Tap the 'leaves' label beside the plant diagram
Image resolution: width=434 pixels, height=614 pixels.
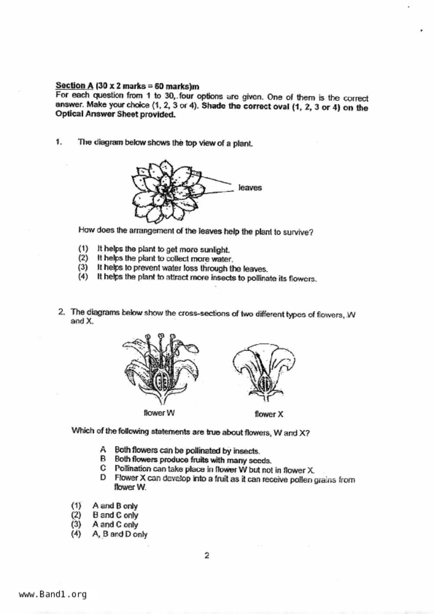[x=250, y=188]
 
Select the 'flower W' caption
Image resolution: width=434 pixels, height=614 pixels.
[x=159, y=413]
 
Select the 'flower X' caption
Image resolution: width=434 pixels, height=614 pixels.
[x=269, y=414]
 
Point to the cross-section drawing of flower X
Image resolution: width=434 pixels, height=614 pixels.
[x=264, y=371]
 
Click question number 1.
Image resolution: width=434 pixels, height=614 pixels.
[x=59, y=142]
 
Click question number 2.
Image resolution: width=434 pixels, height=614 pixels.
[x=62, y=312]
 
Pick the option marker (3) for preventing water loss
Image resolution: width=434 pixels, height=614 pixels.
[x=83, y=267]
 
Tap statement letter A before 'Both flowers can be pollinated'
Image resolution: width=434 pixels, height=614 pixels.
[x=103, y=449]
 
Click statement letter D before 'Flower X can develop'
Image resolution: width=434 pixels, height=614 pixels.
[x=103, y=477]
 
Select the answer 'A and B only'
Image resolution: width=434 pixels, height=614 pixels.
[x=115, y=506]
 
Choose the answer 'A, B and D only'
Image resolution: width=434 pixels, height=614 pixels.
[x=120, y=534]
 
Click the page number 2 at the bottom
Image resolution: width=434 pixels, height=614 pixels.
[x=207, y=556]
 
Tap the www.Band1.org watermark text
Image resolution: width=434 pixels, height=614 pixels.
[x=53, y=594]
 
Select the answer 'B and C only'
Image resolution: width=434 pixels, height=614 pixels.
[x=115, y=515]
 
